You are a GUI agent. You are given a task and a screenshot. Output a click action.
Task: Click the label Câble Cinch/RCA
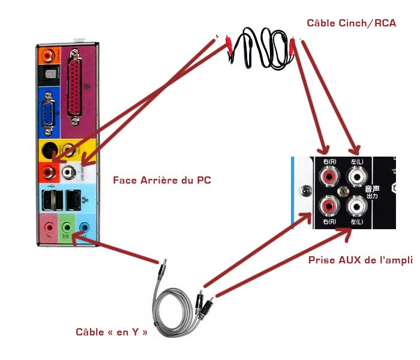[351, 23]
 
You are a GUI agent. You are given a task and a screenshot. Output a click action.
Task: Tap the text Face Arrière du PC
[162, 180]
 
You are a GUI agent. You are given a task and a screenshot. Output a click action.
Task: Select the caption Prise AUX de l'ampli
[360, 260]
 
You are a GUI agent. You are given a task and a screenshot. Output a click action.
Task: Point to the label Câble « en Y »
[112, 331]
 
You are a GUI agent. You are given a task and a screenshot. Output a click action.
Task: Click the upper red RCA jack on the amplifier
[329, 177]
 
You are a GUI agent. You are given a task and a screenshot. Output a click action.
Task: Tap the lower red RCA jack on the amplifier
[329, 206]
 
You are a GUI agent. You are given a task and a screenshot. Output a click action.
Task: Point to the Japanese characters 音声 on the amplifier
[372, 189]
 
